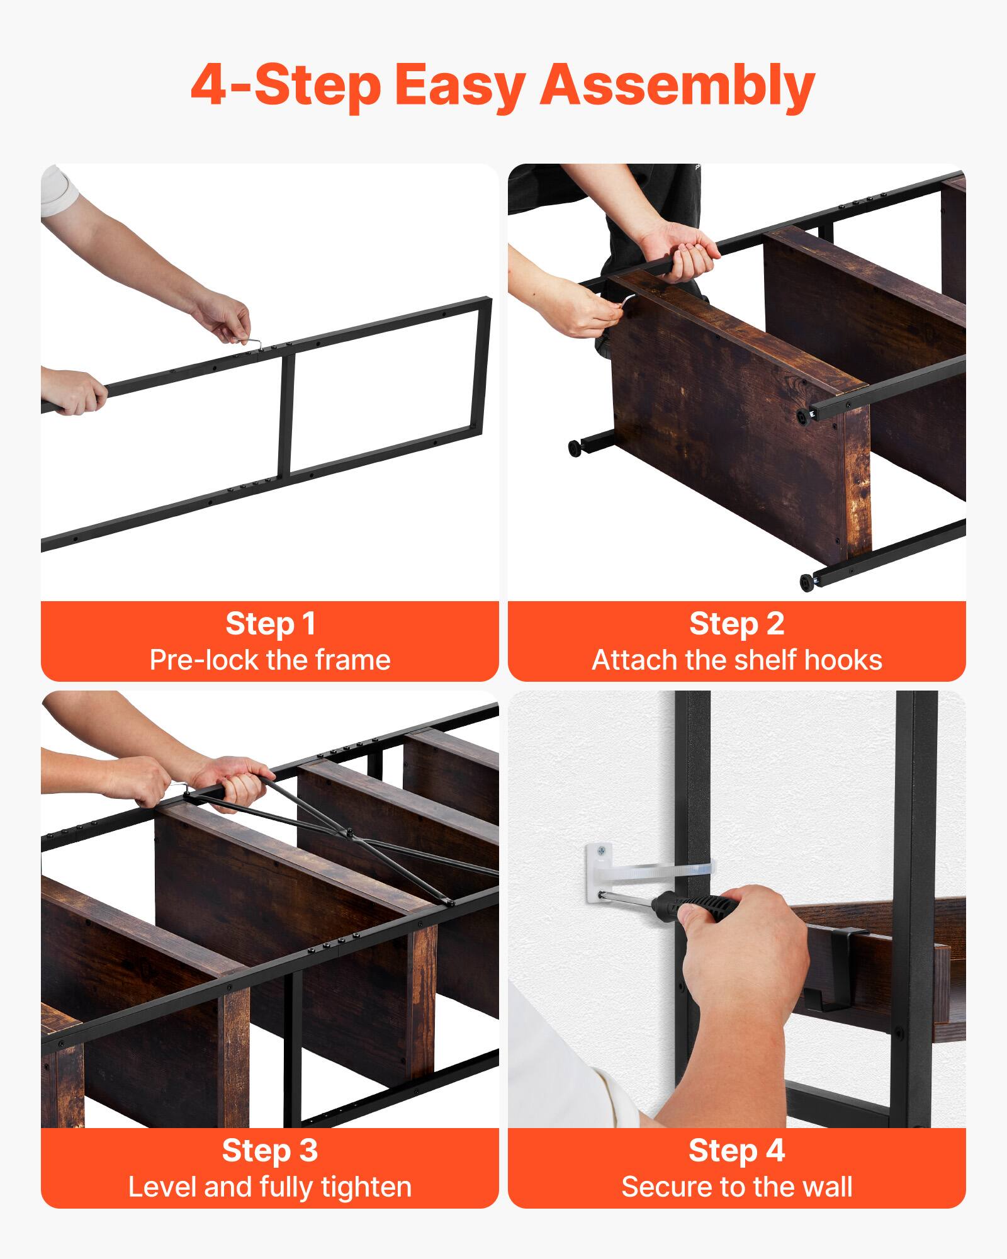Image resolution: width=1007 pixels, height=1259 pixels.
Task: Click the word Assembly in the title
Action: (677, 86)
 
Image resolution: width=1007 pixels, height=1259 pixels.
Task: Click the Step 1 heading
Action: (270, 624)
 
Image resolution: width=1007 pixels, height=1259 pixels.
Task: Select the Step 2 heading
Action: (736, 624)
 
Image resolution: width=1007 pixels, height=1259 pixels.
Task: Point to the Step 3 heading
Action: (270, 1151)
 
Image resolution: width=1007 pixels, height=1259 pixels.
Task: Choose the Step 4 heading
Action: (736, 1151)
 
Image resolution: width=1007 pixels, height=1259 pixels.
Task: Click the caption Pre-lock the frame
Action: (270, 660)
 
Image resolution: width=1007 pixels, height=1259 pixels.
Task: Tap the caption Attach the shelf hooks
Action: (736, 660)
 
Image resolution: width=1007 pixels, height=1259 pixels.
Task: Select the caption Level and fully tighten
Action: (270, 1187)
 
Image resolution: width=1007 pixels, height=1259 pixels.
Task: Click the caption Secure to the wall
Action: (736, 1187)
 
